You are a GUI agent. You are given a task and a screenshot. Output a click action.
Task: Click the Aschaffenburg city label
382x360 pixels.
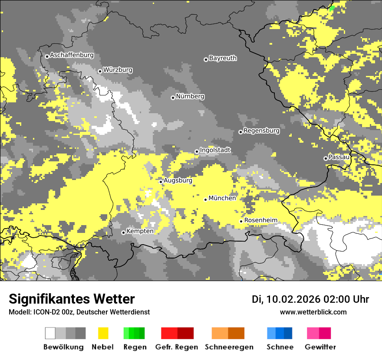72,56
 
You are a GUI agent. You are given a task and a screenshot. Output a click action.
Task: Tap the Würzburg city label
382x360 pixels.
118,70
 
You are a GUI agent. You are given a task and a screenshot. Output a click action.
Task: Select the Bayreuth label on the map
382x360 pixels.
223,58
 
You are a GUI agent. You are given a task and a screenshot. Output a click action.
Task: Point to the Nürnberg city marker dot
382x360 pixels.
173,98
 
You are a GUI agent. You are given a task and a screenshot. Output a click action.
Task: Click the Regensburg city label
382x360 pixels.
261,131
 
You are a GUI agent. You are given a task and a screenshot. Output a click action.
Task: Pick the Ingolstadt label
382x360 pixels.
215,150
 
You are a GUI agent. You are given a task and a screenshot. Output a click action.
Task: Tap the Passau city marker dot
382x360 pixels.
326,158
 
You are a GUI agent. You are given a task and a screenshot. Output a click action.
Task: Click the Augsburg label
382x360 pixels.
178,180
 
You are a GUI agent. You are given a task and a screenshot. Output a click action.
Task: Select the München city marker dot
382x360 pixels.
206,200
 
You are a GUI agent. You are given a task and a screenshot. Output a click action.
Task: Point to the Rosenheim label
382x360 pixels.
260,220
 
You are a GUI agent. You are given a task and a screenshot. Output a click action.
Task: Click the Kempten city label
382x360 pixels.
140,231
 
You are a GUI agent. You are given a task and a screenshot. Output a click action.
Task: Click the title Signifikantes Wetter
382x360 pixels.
72,299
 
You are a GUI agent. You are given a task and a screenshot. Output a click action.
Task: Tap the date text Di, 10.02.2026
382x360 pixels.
286,299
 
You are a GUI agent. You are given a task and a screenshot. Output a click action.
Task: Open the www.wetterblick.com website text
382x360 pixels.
313,312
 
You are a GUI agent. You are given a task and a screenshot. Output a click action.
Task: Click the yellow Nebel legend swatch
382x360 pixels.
103,333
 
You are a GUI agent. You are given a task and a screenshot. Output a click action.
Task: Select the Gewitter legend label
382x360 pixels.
320,347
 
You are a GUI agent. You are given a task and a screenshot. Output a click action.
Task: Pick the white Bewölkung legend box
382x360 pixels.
50,333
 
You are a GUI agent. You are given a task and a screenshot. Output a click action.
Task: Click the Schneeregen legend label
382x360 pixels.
229,347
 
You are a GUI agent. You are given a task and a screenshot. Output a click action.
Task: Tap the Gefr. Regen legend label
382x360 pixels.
177,347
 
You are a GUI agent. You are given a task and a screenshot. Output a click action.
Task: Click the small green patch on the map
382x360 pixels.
332,7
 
